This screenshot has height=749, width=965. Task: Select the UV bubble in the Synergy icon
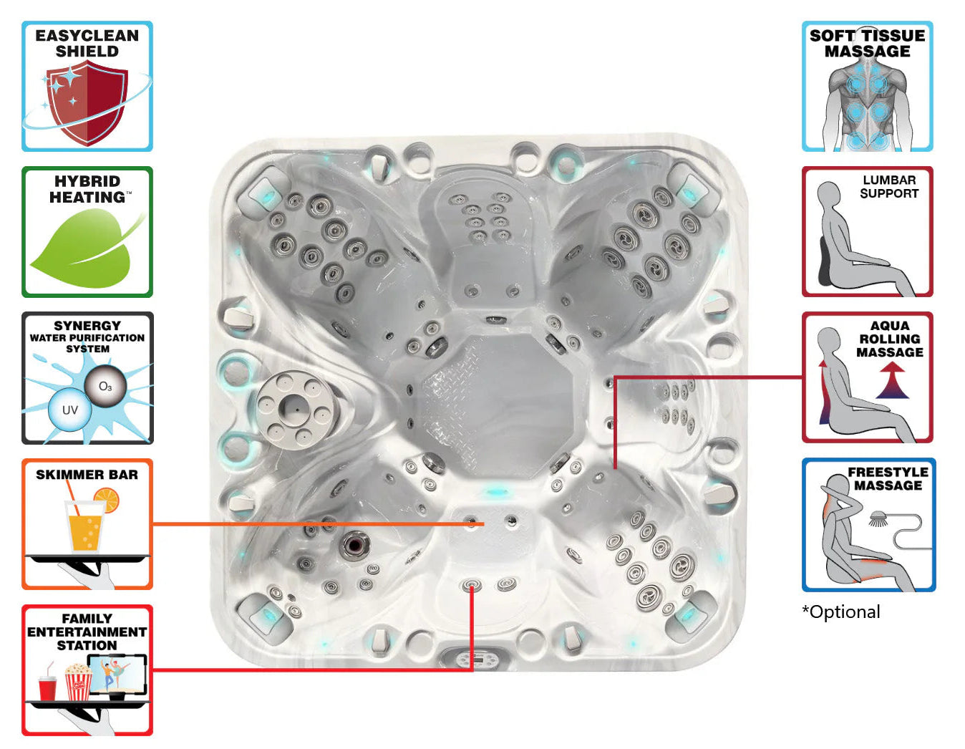click(x=69, y=410)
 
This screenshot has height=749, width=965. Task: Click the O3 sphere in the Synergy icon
click(x=105, y=386)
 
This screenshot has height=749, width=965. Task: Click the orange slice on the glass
click(x=107, y=500)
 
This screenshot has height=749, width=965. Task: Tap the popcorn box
click(x=79, y=682)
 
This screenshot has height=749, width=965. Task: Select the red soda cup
click(x=47, y=687)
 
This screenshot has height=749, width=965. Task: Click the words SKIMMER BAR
click(x=87, y=475)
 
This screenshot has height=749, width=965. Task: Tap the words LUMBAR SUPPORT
click(x=889, y=187)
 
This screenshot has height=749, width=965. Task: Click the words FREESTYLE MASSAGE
click(x=888, y=478)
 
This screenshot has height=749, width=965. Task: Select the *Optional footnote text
click(x=841, y=612)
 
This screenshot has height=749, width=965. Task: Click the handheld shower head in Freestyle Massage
click(x=877, y=518)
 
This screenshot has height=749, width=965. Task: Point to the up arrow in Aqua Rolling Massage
click(x=892, y=380)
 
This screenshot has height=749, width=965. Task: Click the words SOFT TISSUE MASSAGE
click(x=868, y=43)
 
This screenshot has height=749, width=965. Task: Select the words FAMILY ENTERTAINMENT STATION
click(x=87, y=632)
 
